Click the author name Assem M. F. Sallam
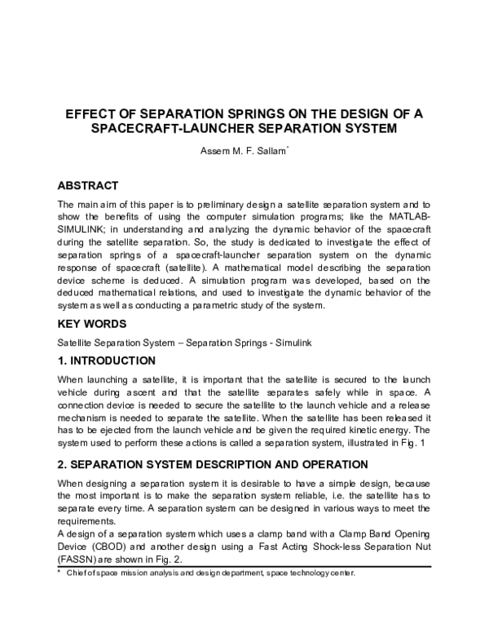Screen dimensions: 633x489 (242, 152)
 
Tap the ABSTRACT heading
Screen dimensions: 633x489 (88, 185)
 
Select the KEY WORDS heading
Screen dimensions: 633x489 (91, 324)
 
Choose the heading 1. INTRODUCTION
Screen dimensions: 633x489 (106, 361)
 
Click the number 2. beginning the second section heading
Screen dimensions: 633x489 (63, 464)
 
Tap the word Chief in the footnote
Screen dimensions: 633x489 (81, 573)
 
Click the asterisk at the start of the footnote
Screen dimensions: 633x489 (59, 573)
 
